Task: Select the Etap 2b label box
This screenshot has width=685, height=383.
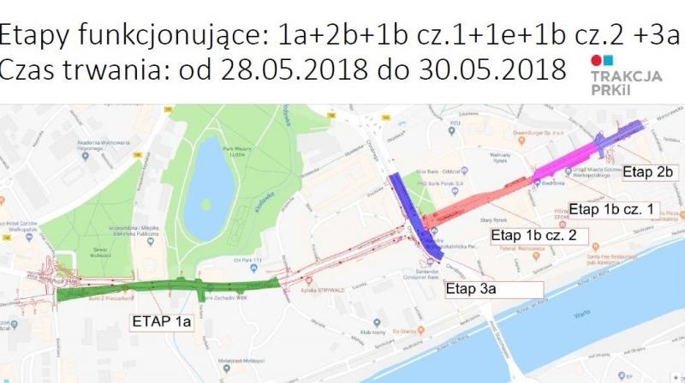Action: coord(650,172)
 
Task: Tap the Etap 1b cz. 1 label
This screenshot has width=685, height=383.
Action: coord(611,209)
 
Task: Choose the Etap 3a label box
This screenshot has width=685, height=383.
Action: coord(470,289)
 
